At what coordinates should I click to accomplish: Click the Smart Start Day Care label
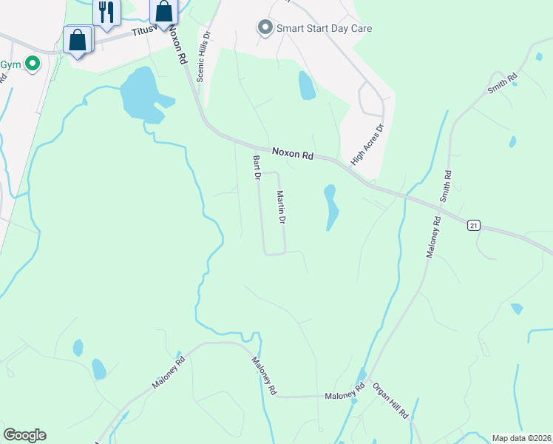(324, 29)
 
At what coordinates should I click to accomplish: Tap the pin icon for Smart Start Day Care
(265, 28)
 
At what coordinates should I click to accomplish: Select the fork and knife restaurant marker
(106, 13)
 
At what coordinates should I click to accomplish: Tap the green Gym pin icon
(32, 64)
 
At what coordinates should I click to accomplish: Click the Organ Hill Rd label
(390, 401)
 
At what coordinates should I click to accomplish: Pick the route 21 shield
(474, 223)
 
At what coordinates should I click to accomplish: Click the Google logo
(24, 435)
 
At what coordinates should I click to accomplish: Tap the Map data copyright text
(522, 437)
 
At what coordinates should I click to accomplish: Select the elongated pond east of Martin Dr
(330, 206)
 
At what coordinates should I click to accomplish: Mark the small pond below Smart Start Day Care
(306, 86)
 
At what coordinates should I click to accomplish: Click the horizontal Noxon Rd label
(293, 154)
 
